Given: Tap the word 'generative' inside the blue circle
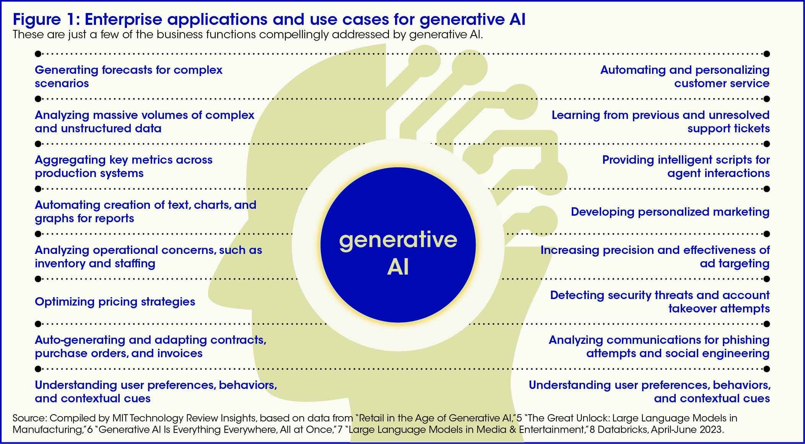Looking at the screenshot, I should pos(398,240).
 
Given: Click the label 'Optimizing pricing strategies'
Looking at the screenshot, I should pos(115,302).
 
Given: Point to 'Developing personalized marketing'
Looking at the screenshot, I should pos(670,212).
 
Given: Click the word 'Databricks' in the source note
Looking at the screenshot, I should pos(621,429).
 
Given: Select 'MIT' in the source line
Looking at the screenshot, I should pos(122,418).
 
